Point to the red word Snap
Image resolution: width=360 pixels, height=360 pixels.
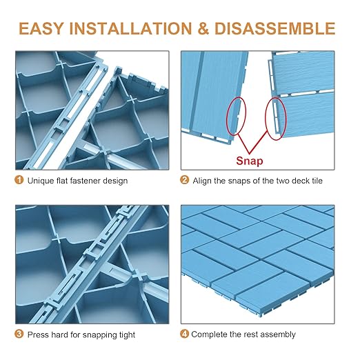249,160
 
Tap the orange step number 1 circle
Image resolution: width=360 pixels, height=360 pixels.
18,181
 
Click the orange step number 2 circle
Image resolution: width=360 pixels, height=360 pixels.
185,181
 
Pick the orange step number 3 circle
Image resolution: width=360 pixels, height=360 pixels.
18,334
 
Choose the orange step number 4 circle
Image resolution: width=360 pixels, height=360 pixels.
185,334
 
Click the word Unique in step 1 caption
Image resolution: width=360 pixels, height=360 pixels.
40,181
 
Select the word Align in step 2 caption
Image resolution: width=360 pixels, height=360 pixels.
203,181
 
